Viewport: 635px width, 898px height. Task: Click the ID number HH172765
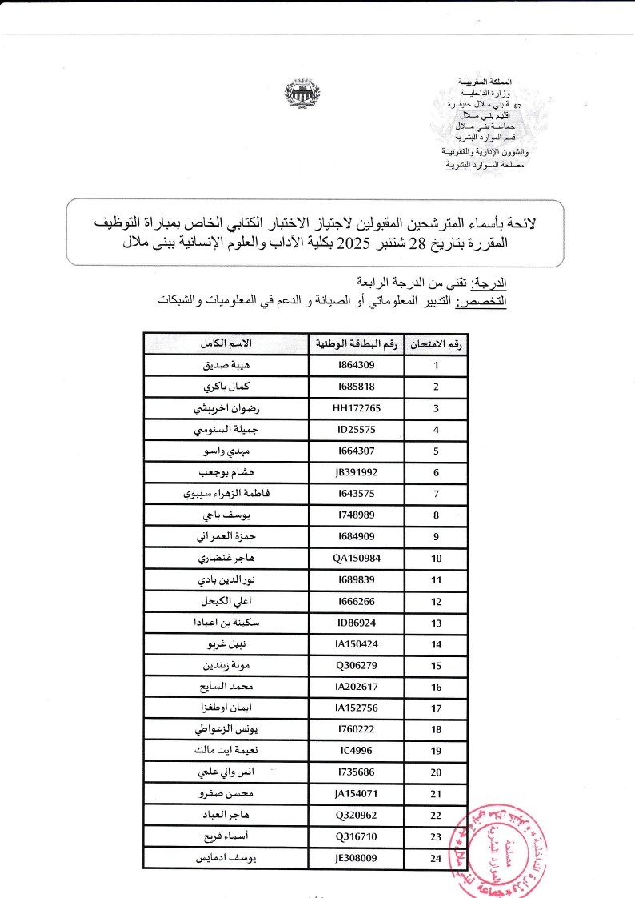(x=357, y=408)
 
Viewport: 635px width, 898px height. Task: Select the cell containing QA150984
(x=357, y=559)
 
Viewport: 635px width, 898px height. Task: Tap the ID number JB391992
(x=357, y=472)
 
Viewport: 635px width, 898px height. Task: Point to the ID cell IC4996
(x=357, y=752)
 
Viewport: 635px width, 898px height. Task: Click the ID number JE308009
(x=357, y=859)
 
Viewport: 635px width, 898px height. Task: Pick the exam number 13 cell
(x=436, y=623)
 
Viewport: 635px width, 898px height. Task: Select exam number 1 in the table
(x=436, y=365)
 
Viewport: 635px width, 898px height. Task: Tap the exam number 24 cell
(x=436, y=859)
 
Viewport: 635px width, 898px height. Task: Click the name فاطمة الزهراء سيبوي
(x=227, y=494)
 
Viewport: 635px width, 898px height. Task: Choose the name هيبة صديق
(x=227, y=365)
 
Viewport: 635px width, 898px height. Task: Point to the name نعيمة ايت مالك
(x=227, y=752)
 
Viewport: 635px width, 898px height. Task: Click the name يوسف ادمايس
(x=227, y=859)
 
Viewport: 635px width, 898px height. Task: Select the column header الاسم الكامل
(x=227, y=343)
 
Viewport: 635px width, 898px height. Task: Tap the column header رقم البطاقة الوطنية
(x=357, y=343)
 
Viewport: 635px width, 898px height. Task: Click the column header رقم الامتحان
(x=436, y=343)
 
